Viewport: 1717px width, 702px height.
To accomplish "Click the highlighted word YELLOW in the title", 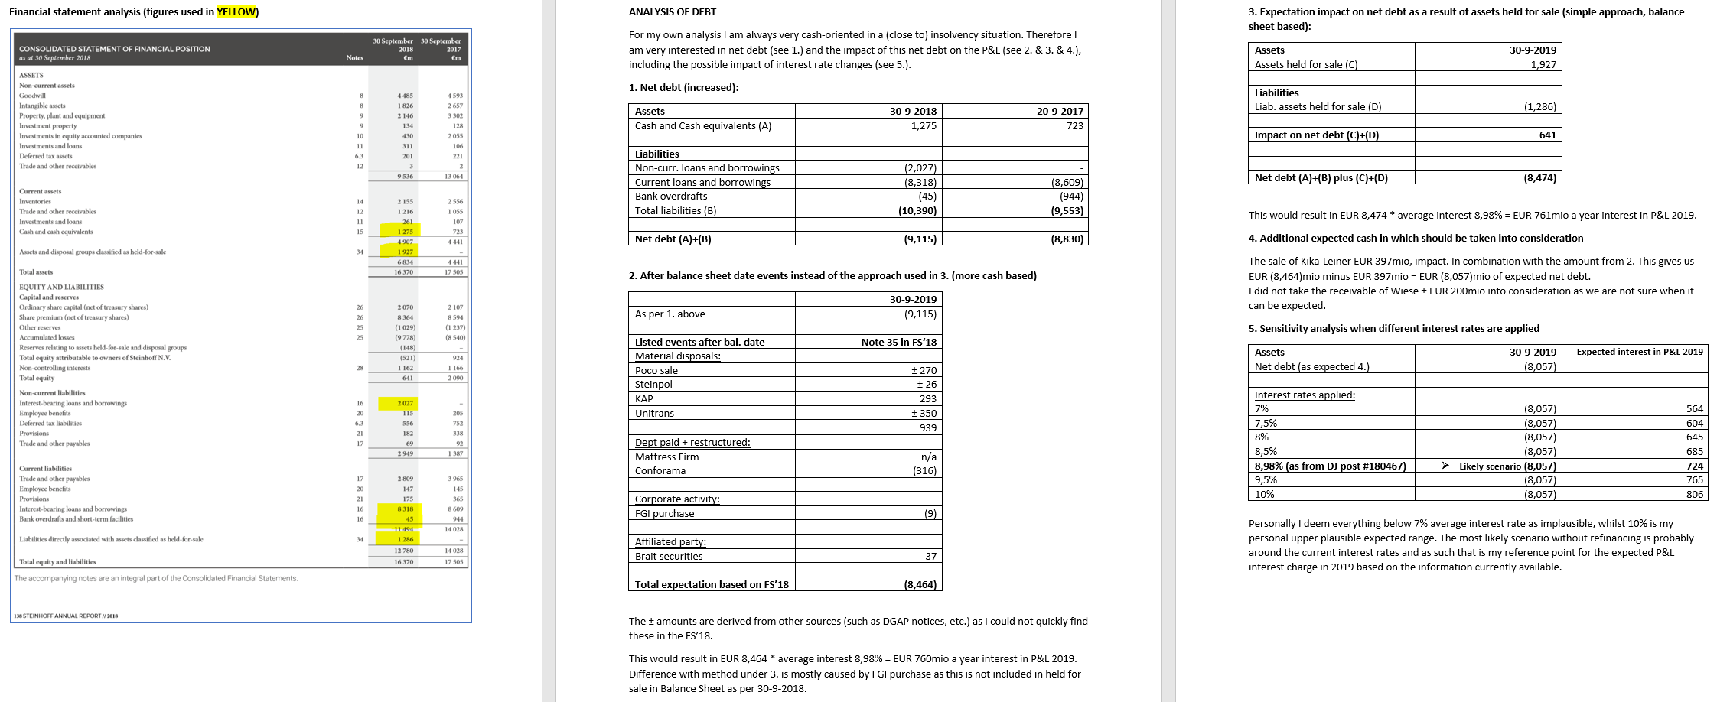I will pyautogui.click(x=236, y=11).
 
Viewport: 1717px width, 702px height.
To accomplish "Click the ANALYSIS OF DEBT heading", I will pyautogui.click(x=672, y=11).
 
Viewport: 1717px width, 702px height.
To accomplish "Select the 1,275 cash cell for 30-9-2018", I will pyautogui.click(x=924, y=125).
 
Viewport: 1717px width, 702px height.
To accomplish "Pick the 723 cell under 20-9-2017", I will pyautogui.click(x=1074, y=125).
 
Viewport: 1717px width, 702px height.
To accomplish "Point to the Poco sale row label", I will pyautogui.click(x=656, y=370).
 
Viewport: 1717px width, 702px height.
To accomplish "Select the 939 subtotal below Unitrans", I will pyautogui.click(x=927, y=427).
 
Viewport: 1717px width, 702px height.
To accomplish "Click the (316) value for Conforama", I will pyautogui.click(x=924, y=470).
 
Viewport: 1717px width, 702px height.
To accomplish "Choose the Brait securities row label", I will pyautogui.click(x=668, y=556).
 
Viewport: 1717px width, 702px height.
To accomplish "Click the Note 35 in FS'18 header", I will pyautogui.click(x=898, y=342).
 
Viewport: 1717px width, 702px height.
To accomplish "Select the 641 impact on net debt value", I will pyautogui.click(x=1547, y=135).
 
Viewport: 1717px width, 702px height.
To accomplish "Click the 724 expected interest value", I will pyautogui.click(x=1694, y=466).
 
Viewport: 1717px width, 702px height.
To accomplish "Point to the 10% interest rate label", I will pyautogui.click(x=1264, y=494).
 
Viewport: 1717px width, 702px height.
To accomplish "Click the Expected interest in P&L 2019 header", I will pyautogui.click(x=1639, y=352).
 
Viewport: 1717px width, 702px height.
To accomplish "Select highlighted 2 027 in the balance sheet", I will pyautogui.click(x=405, y=403).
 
